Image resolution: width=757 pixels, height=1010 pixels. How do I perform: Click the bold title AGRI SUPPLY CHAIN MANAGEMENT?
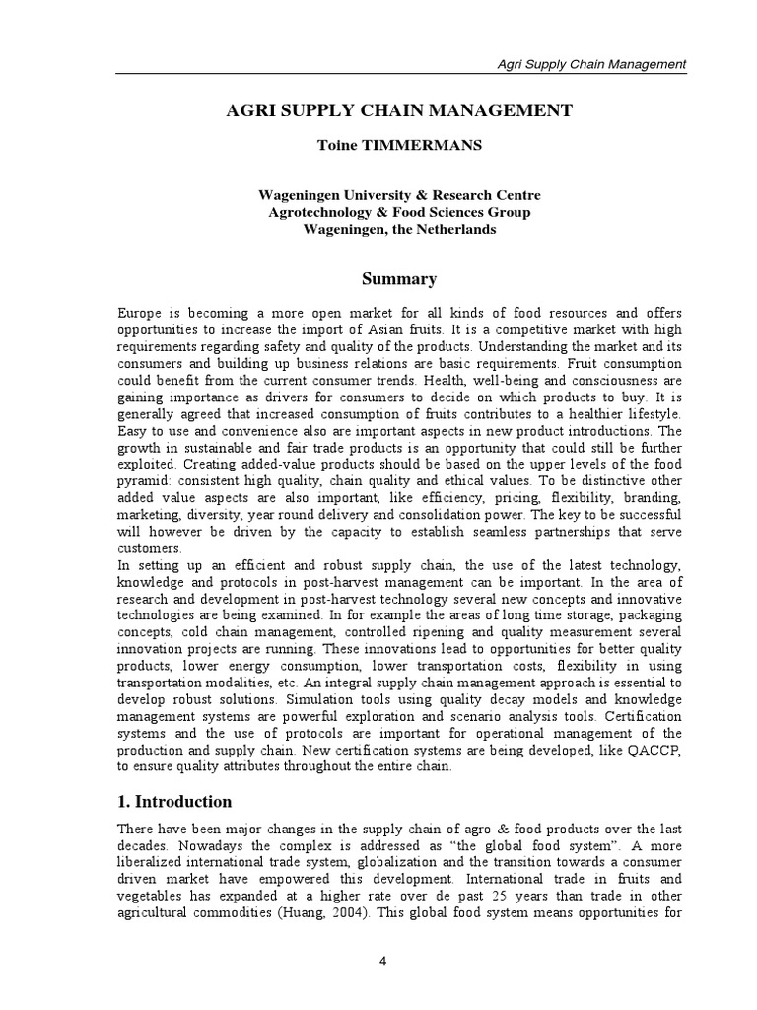point(399,110)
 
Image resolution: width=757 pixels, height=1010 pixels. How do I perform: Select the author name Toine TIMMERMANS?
point(399,145)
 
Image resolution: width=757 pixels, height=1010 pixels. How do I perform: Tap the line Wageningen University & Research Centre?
point(399,195)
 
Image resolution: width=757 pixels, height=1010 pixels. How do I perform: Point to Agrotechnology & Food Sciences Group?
point(399,212)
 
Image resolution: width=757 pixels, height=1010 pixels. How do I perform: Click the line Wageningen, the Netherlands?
point(399,229)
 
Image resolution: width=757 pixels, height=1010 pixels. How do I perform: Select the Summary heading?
point(399,279)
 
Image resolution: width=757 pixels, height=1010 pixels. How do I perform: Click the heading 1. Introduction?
point(174,801)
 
